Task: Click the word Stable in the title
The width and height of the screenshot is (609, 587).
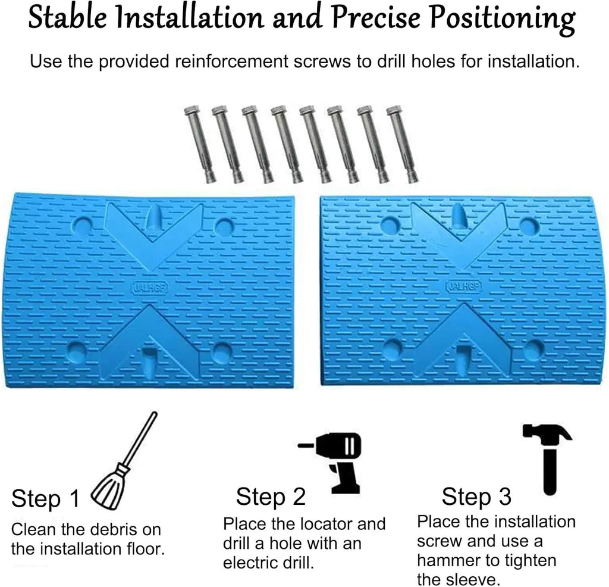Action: [x=67, y=17]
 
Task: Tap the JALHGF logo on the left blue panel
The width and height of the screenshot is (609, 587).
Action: [x=150, y=288]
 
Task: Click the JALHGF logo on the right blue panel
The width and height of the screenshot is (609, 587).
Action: [x=464, y=286]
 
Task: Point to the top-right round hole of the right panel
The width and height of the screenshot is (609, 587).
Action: [x=529, y=227]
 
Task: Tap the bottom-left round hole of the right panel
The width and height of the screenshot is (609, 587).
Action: [x=393, y=348]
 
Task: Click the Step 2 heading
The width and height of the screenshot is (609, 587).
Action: [x=271, y=497]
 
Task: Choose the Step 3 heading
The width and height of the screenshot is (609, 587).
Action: [x=476, y=497]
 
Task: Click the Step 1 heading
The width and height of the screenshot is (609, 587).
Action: [x=45, y=498]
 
